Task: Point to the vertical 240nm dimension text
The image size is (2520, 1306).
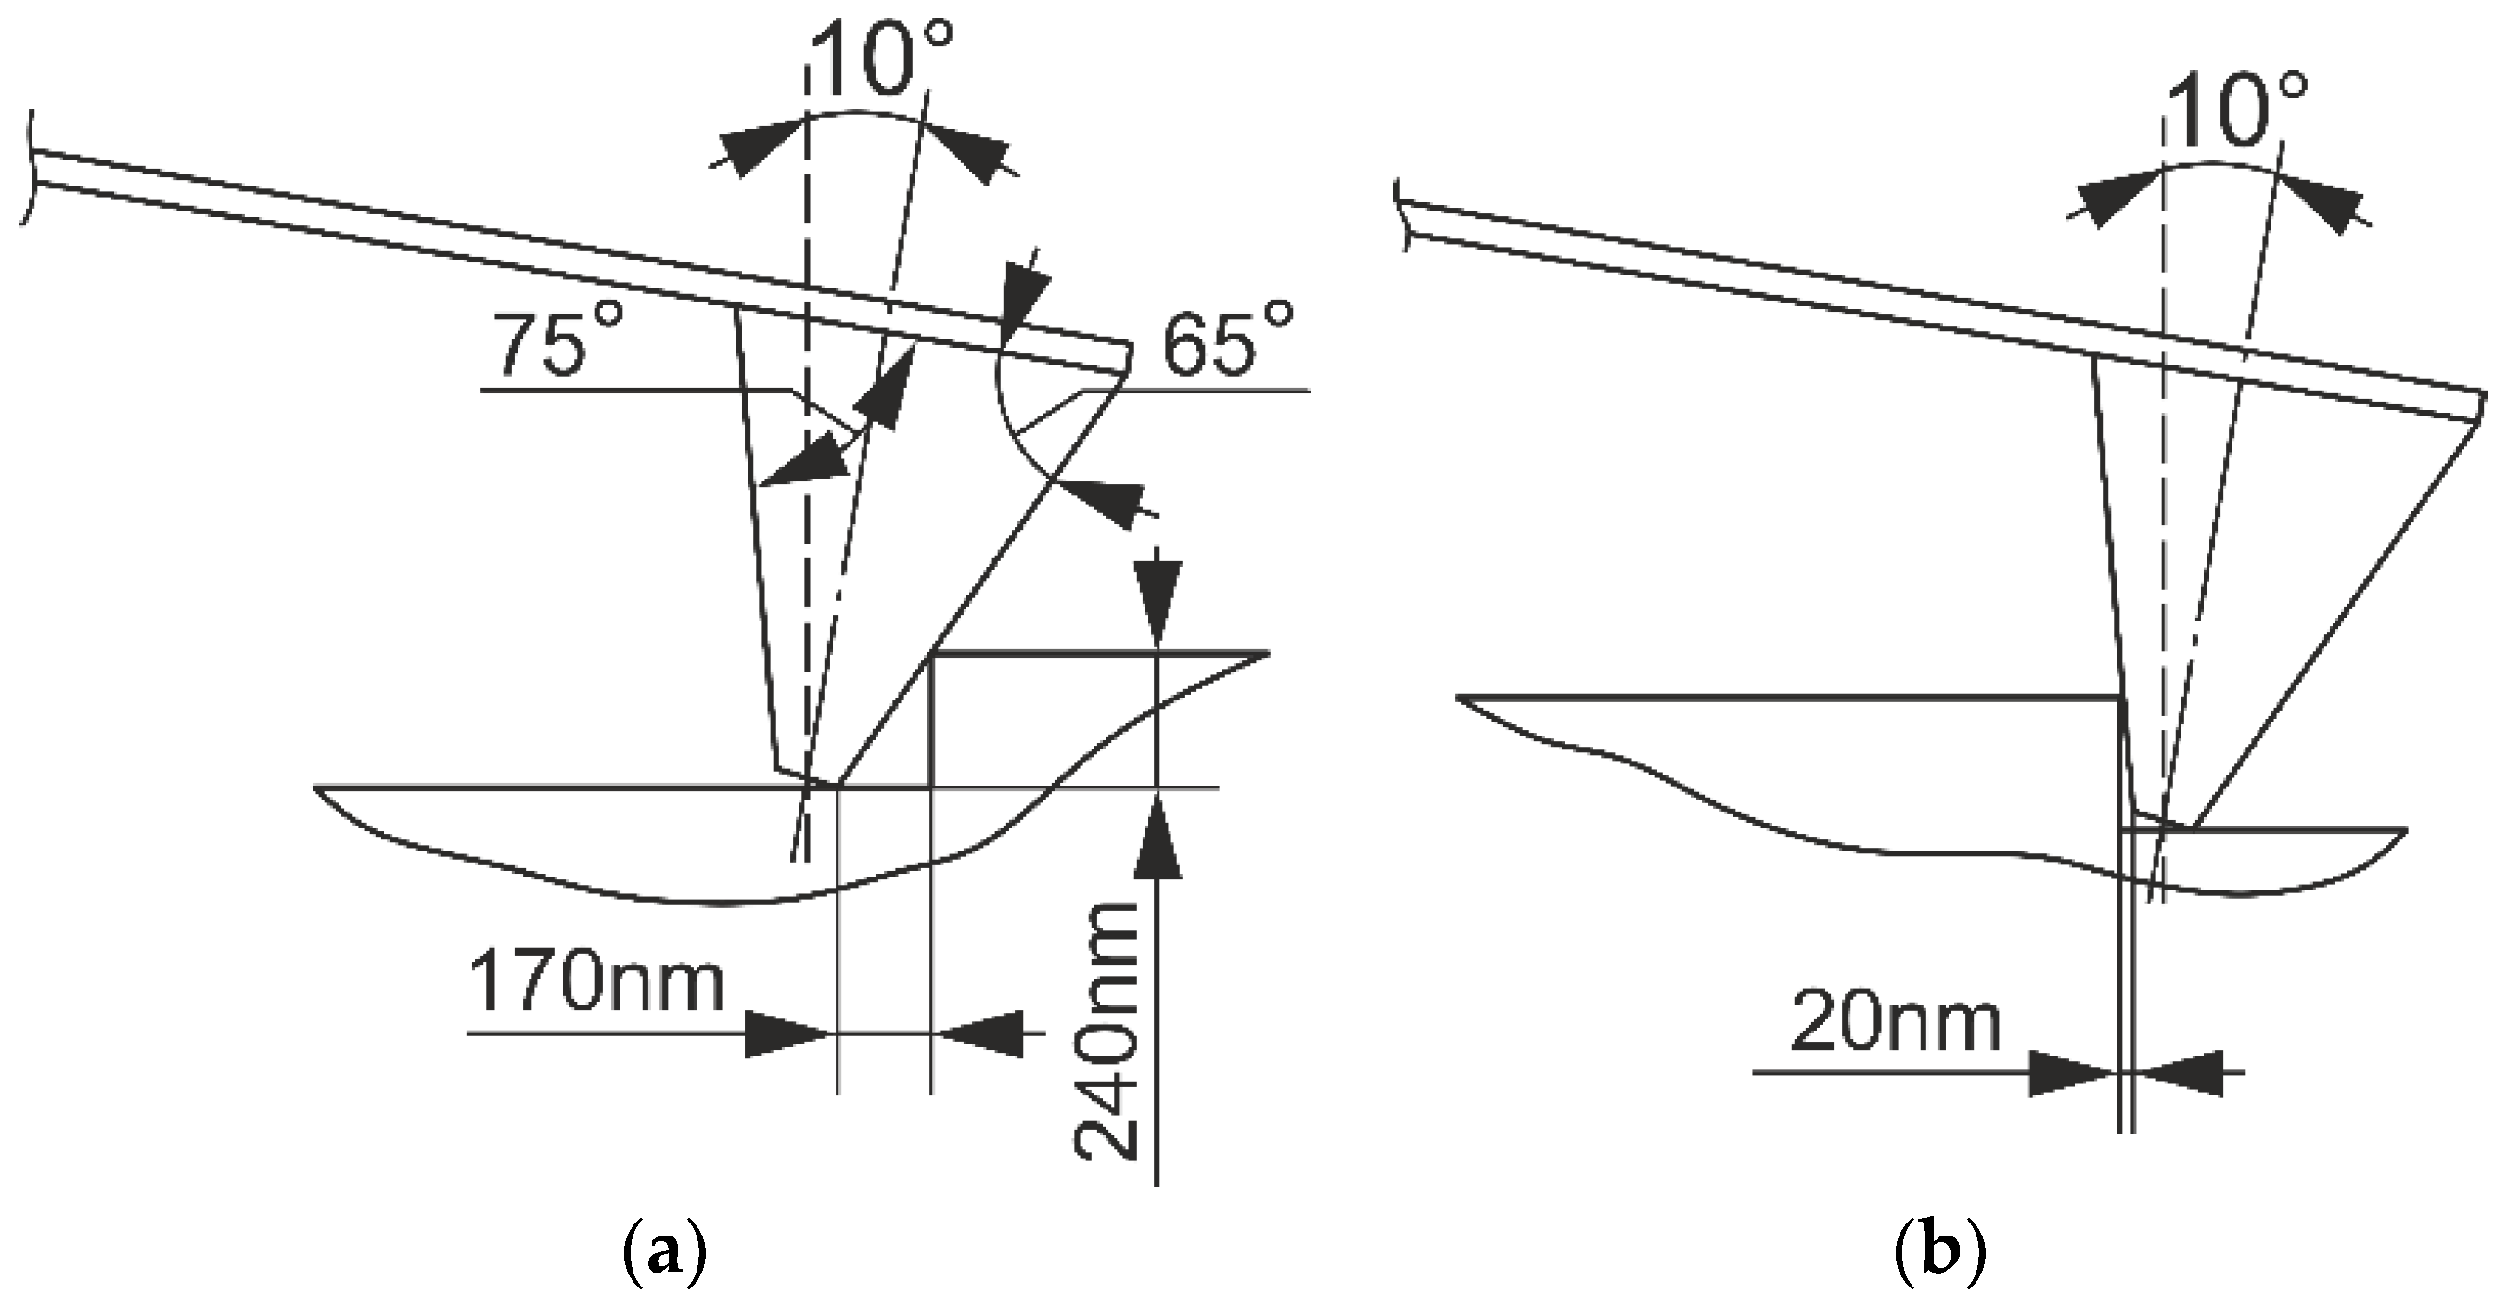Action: (x=1106, y=1032)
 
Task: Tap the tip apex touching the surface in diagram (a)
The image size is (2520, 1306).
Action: (x=838, y=784)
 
